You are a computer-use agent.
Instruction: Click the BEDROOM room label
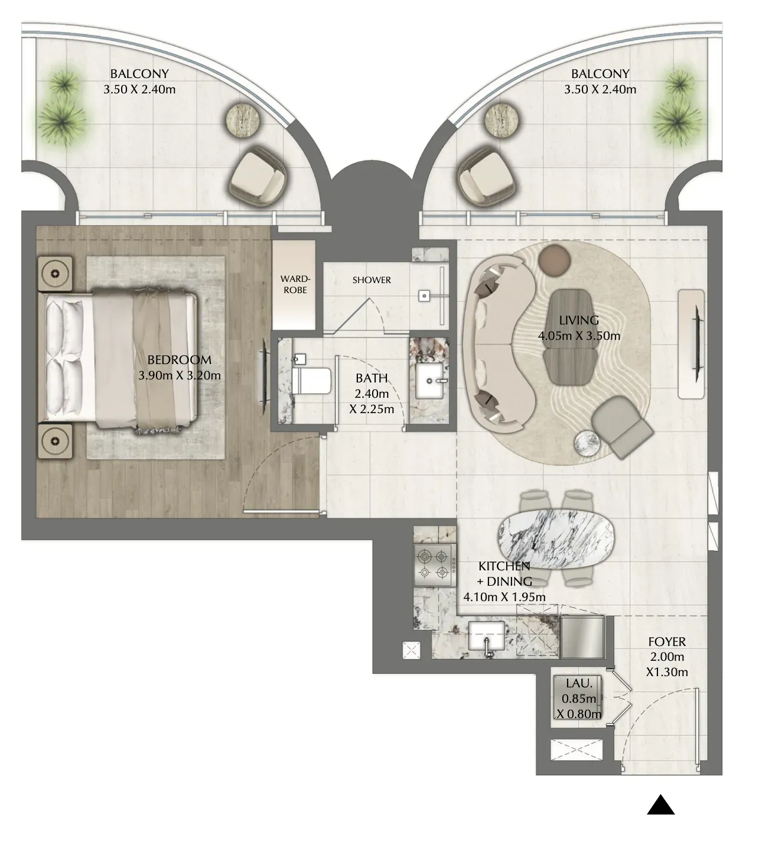coord(180,360)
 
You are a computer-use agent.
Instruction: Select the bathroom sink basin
coord(430,381)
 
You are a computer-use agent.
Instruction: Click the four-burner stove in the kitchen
coord(435,565)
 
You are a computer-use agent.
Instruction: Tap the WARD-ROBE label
coord(295,284)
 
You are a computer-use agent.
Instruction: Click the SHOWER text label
coord(372,280)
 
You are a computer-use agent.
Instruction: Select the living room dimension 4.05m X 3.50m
coord(579,336)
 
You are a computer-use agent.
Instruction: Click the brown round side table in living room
coord(554,261)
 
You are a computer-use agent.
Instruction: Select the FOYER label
coord(667,642)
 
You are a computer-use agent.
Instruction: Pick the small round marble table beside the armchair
coord(588,443)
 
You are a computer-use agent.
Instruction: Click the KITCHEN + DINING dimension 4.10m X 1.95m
coord(504,596)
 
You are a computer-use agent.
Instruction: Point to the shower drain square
coord(424,296)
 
